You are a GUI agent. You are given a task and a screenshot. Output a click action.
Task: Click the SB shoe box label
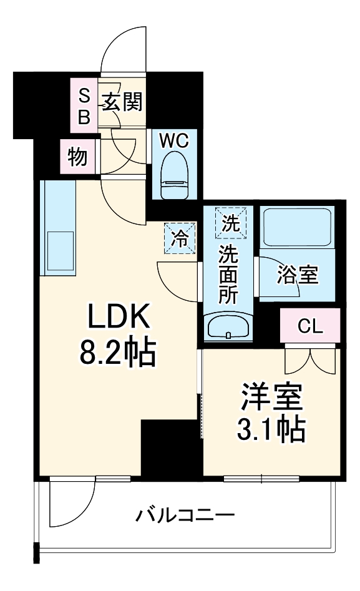(x=84, y=105)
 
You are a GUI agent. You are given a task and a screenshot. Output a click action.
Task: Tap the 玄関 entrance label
(x=123, y=102)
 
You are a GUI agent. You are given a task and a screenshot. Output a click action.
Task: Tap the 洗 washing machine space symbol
(x=230, y=223)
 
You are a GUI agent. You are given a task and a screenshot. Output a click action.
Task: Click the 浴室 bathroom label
(x=298, y=275)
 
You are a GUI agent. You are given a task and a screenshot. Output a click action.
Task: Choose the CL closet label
(x=310, y=326)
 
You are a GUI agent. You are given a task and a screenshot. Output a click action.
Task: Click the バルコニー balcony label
(x=185, y=516)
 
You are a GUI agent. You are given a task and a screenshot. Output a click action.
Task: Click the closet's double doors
(x=310, y=358)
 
